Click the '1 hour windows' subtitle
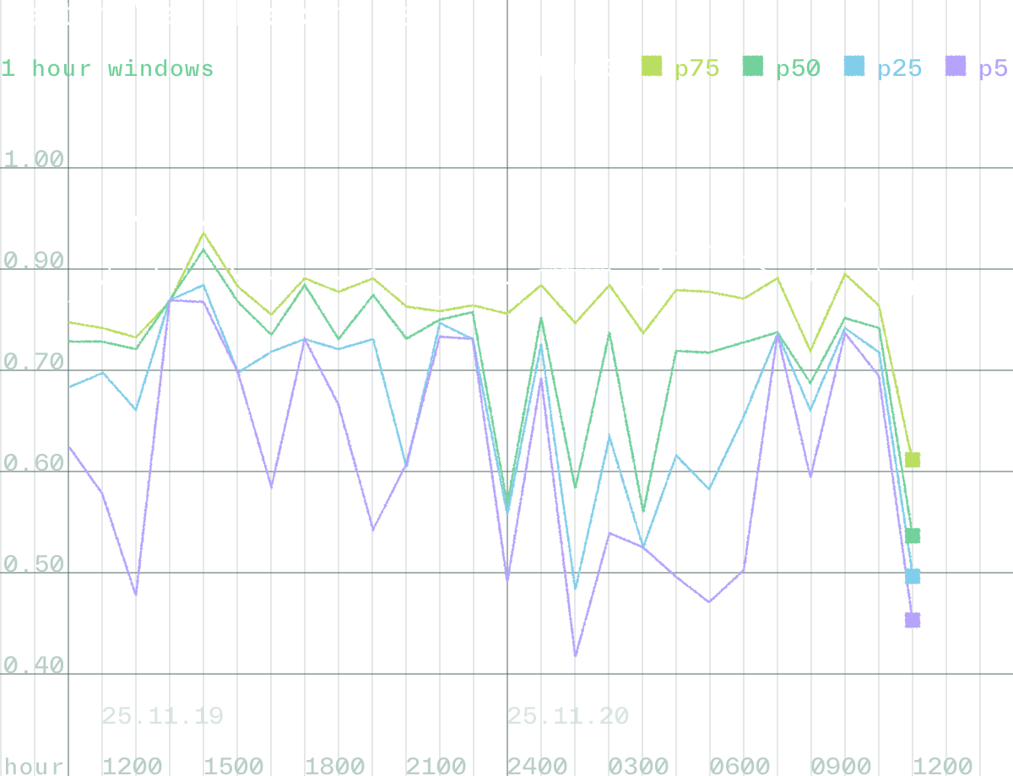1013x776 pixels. point(107,68)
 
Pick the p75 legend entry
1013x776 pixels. point(681,67)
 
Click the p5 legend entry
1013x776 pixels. point(979,67)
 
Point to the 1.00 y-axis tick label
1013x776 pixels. point(34,159)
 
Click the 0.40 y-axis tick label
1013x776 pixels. point(34,666)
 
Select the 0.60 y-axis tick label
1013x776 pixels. point(34,463)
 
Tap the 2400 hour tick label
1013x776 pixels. point(537,766)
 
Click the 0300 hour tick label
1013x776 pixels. point(638,766)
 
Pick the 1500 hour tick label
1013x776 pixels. point(233,766)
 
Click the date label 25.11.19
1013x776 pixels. point(163,716)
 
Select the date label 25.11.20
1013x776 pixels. point(568,716)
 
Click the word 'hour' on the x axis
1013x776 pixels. point(32,766)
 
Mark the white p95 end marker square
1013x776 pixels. point(913,288)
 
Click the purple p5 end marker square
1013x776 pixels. point(913,620)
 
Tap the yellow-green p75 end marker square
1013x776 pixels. point(913,460)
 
